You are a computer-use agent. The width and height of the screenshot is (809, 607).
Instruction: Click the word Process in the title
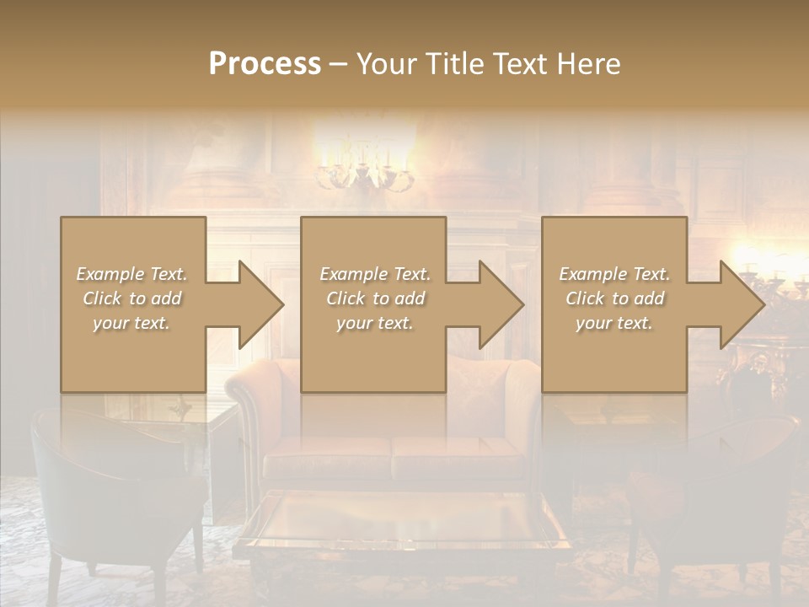[x=265, y=64]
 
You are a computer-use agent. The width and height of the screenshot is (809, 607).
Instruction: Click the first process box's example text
[x=131, y=298]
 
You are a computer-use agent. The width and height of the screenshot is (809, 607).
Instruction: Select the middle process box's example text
[x=374, y=298]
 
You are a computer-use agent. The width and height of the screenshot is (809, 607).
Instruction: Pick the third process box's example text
[x=613, y=298]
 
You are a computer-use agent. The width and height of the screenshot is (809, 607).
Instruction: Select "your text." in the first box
[x=131, y=323]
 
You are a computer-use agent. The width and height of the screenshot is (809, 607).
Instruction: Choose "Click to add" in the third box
[x=613, y=298]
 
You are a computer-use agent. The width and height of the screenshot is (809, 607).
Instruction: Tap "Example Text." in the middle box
[x=374, y=274]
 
